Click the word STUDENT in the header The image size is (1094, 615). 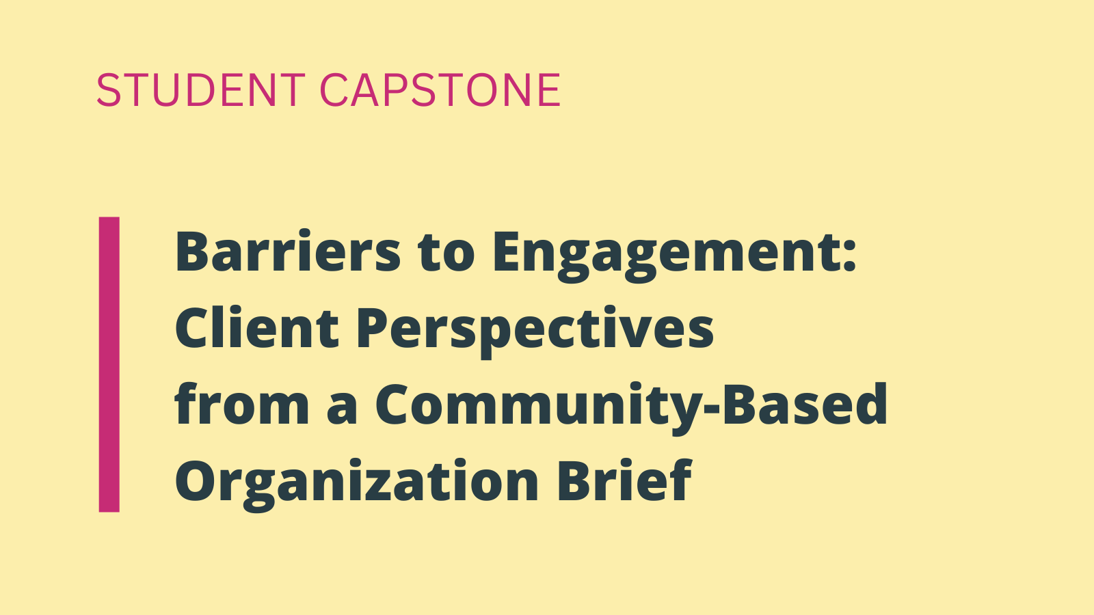[201, 90]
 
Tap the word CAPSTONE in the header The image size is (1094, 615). [440, 90]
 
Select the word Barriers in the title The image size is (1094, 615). [288, 251]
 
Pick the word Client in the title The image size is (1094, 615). [257, 327]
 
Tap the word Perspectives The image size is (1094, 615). [535, 333]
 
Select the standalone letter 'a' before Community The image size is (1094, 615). [342, 409]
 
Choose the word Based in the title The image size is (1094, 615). [804, 404]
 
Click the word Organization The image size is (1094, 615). [356, 483]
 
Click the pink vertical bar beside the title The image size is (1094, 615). [109, 365]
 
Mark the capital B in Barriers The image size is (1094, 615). [194, 251]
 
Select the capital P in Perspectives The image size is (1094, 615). [375, 327]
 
